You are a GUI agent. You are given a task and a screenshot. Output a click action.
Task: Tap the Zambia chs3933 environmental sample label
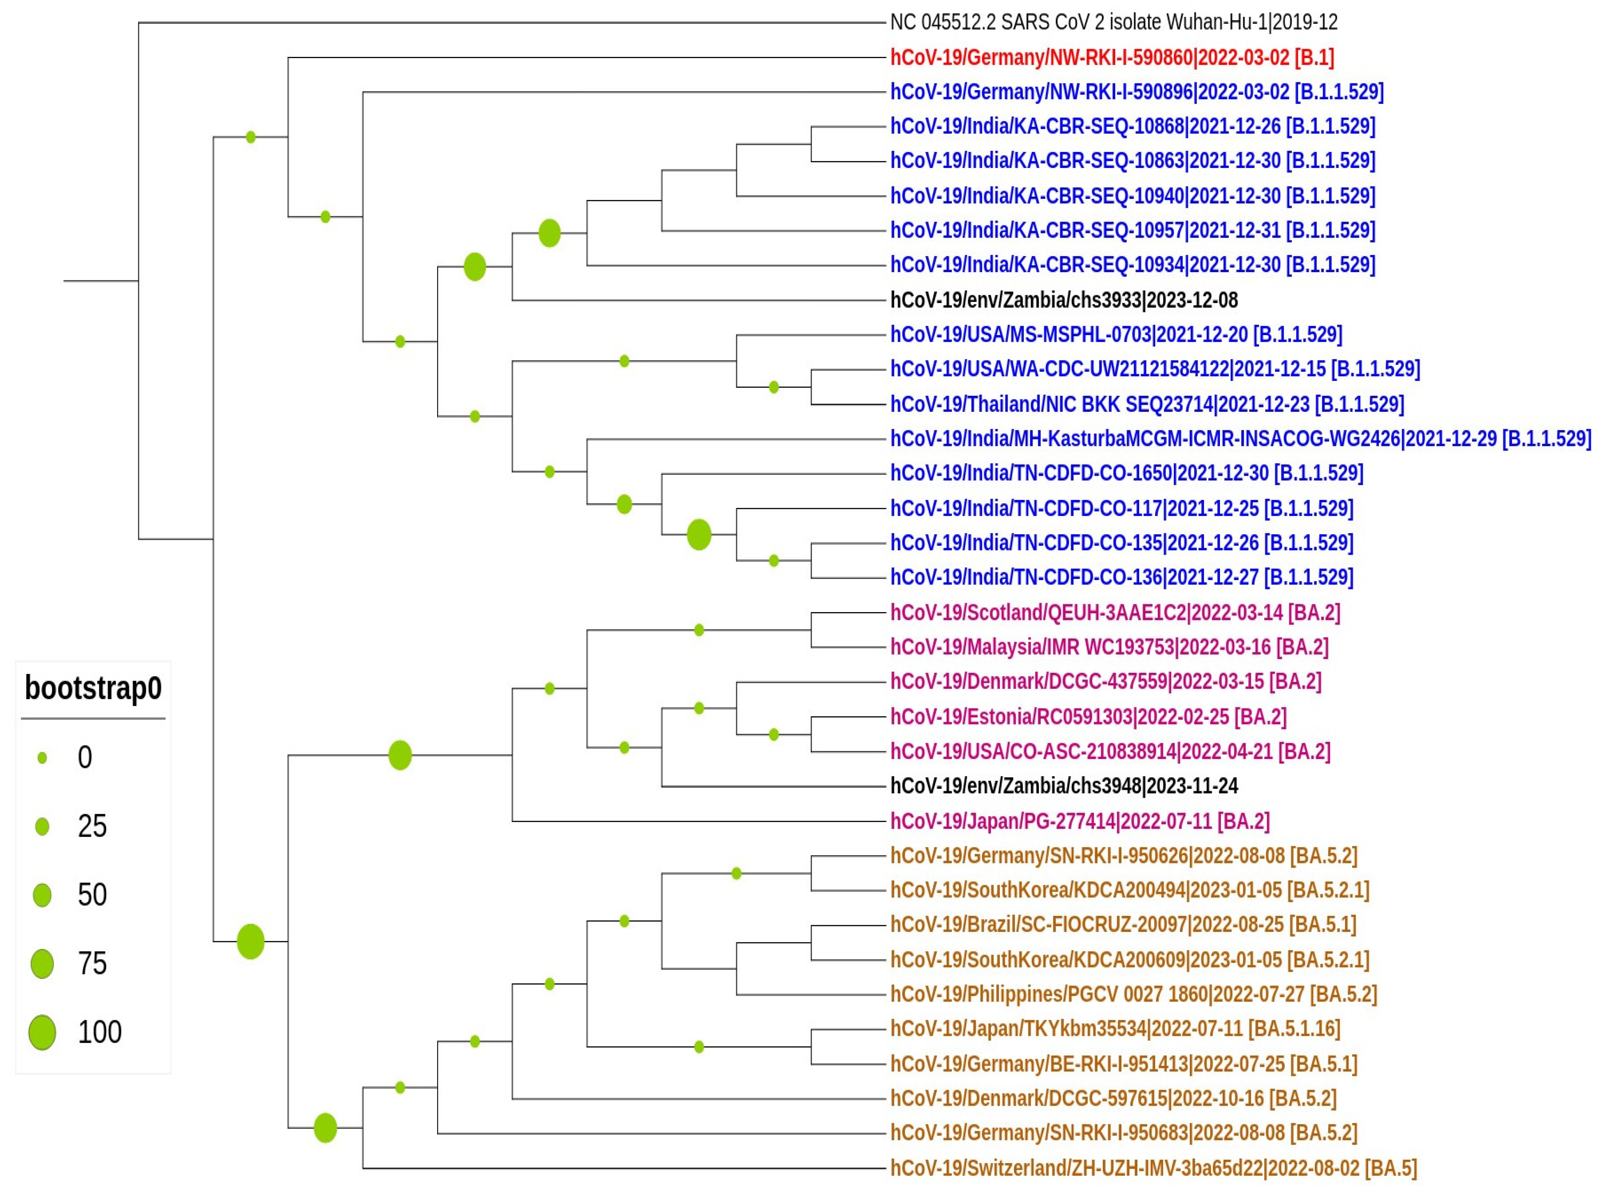1064,300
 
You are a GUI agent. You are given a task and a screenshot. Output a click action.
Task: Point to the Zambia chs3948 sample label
1064,786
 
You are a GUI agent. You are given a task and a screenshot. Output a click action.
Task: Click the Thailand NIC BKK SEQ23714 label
1146,404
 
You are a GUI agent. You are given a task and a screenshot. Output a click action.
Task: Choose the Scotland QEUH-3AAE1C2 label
1115,613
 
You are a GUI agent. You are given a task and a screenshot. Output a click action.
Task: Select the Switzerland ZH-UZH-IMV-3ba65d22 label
1153,1168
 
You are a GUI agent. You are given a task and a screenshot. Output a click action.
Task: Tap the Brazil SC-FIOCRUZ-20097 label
1123,924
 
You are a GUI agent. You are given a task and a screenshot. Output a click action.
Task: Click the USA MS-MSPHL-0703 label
1116,335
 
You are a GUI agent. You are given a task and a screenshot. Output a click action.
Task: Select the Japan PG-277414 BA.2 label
1080,822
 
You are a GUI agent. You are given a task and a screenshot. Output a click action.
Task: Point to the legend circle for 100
42,1032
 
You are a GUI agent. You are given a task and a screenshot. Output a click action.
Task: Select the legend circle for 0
42,758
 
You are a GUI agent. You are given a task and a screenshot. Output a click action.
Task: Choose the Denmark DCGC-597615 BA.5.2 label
1113,1098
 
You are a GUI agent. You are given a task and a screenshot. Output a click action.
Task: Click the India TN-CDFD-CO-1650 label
1126,473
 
